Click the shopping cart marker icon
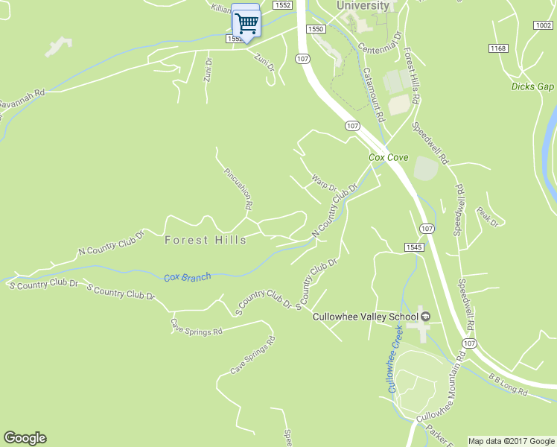(246, 22)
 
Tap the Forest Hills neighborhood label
(205, 240)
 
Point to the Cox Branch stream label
(187, 277)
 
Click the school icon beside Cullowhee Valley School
(425, 317)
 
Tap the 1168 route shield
(498, 48)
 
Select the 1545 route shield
(414, 247)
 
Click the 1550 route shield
(316, 28)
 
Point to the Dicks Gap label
(533, 86)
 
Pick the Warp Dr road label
(325, 182)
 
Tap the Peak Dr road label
(487, 217)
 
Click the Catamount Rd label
(374, 95)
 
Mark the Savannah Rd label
(22, 98)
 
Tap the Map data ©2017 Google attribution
(510, 441)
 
